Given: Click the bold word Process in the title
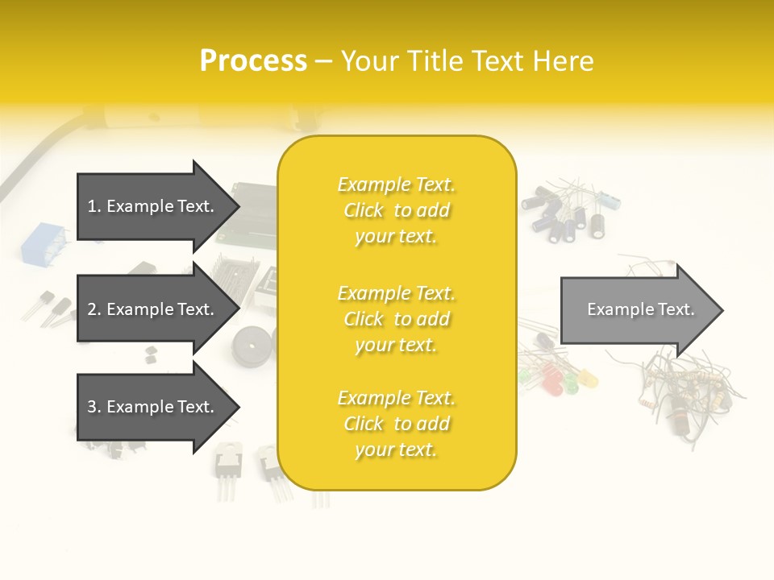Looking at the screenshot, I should tap(253, 61).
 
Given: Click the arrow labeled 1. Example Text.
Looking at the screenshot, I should tap(153, 206).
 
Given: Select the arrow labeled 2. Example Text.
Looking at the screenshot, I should tap(153, 309).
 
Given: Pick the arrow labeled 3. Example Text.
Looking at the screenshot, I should tap(153, 407).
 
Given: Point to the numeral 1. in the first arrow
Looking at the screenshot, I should tap(94, 206).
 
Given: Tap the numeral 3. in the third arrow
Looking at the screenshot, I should tap(94, 407).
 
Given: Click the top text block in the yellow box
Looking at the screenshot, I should tap(396, 210).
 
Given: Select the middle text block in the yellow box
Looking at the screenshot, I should tap(396, 319).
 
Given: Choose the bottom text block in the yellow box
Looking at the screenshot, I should tap(396, 424).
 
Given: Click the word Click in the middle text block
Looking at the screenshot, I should tap(364, 319).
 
